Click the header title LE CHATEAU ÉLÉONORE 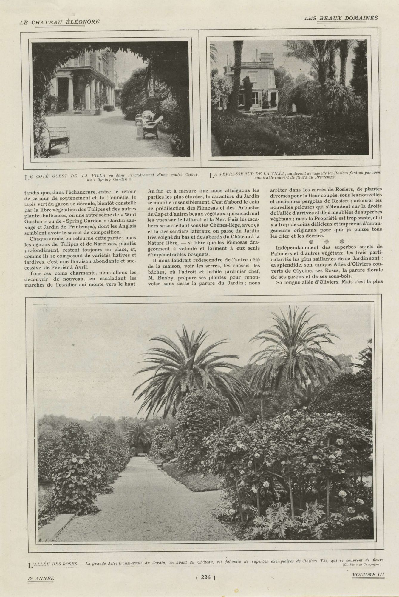tap(59, 22)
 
